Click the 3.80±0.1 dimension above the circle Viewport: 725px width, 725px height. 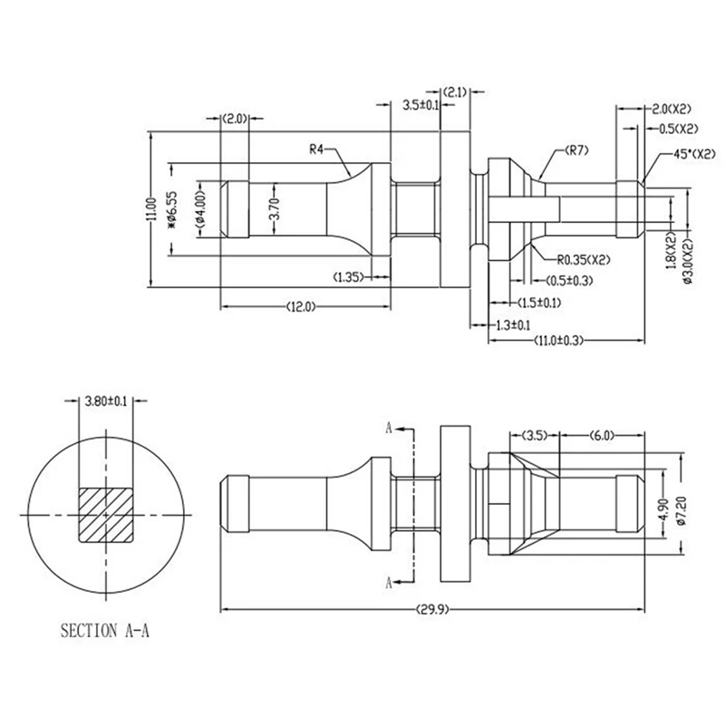coord(106,400)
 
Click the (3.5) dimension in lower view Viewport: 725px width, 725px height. coord(533,435)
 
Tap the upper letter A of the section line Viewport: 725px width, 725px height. coord(391,426)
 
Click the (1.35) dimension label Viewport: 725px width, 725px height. coord(350,275)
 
